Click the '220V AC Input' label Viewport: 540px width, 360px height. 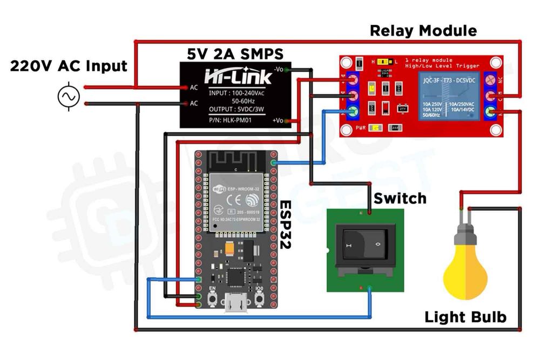69,66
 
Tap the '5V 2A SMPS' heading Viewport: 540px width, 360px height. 235,54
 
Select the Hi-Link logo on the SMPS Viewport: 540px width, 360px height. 238,76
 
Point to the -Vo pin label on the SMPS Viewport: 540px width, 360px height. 279,70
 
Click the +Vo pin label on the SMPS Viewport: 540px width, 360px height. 279,120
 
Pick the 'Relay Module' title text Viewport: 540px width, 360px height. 423,31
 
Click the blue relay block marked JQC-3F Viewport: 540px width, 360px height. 444,100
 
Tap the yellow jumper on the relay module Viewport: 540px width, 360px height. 384,62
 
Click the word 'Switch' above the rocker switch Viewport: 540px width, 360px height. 400,198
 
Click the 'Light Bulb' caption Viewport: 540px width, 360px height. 465,317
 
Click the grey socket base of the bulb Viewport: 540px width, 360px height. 465,236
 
